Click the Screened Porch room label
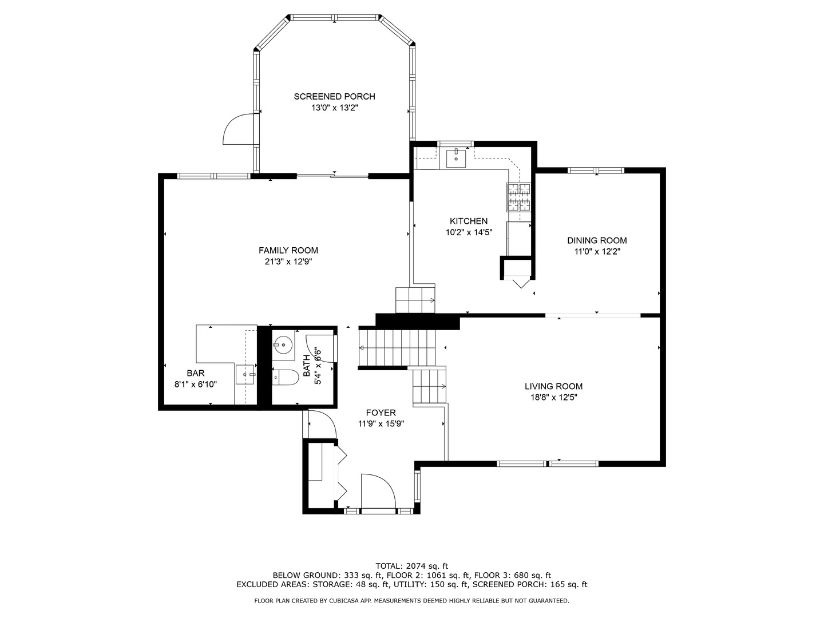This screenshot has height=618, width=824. [334, 97]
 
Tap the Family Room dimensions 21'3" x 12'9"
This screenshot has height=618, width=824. [288, 262]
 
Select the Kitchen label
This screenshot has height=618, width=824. [469, 221]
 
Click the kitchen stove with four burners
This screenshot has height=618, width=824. [518, 197]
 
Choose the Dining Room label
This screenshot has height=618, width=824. [597, 241]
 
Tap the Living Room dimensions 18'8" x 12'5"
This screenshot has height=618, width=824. [553, 397]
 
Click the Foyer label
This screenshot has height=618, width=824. [381, 413]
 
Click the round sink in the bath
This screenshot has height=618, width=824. [283, 345]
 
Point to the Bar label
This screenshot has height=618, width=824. [196, 373]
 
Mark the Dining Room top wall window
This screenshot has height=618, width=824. [595, 170]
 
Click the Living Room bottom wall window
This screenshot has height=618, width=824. [547, 463]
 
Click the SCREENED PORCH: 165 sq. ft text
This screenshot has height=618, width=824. [530, 584]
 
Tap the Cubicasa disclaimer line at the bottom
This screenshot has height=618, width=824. [411, 601]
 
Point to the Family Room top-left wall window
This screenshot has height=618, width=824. [213, 176]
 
